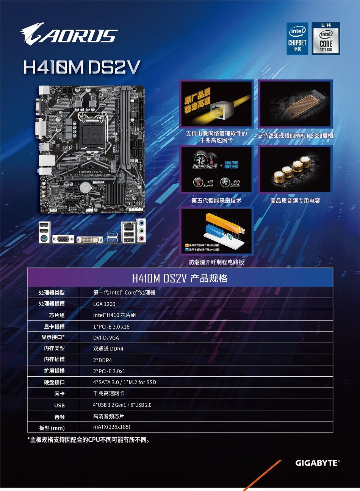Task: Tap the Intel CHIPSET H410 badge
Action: click(297, 39)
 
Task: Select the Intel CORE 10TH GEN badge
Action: click(326, 39)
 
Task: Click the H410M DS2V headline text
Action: click(81, 67)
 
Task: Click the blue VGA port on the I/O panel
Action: click(63, 239)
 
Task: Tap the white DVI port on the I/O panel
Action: click(89, 239)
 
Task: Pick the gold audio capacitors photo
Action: click(295, 170)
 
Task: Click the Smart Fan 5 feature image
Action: click(216, 170)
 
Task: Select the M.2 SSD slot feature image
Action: click(295, 104)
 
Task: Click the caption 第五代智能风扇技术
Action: click(216, 201)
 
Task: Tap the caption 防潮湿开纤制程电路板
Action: click(216, 262)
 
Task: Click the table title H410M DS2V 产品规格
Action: click(180, 278)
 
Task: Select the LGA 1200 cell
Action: click(104, 304)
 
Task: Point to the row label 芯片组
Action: click(57, 315)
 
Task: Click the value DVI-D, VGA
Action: click(106, 338)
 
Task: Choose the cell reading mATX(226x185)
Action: click(112, 427)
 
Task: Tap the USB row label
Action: click(59, 405)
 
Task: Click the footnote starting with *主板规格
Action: click(89, 440)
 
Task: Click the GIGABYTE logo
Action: click(317, 463)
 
